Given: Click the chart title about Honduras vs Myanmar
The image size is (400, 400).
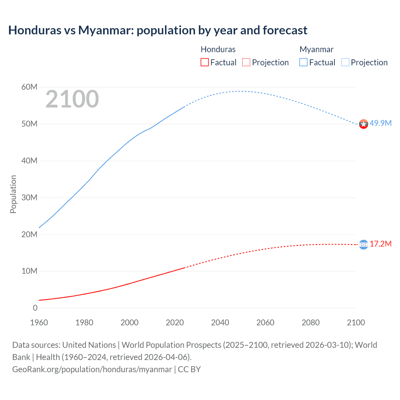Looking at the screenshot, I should point(158,30).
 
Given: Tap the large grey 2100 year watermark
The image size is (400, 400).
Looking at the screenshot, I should point(72,99).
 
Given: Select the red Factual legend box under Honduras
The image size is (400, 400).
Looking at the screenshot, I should point(205,62).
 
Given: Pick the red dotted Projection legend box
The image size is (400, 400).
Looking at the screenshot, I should point(246,62).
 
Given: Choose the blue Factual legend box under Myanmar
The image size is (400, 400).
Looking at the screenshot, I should point(303,62).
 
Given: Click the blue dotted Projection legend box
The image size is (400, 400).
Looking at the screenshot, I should point(345,62).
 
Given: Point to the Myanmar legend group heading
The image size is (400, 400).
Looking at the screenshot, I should point(316,49).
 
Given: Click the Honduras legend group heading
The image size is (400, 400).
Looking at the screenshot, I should point(218,49).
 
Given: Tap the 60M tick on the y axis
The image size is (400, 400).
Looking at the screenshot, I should point(29,87).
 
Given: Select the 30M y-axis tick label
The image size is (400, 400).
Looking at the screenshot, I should point(29,197).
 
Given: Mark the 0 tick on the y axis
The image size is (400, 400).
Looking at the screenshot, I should point(35,308).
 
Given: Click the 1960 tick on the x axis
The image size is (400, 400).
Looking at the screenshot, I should point(39,322).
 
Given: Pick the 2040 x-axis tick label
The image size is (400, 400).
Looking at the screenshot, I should point(220,322).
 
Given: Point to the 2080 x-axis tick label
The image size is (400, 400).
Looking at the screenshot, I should point(311,322).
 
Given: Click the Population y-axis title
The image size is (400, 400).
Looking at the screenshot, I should point(13,194).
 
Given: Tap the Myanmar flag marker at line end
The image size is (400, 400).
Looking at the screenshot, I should point(363,124).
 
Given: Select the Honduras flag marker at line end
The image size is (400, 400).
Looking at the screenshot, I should point(363,245).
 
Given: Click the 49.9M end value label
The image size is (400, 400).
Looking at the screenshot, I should point(380,123).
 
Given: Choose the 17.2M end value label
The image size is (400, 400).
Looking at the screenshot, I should point(380,244).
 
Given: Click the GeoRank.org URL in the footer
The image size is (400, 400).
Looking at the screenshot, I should point(92,369).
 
